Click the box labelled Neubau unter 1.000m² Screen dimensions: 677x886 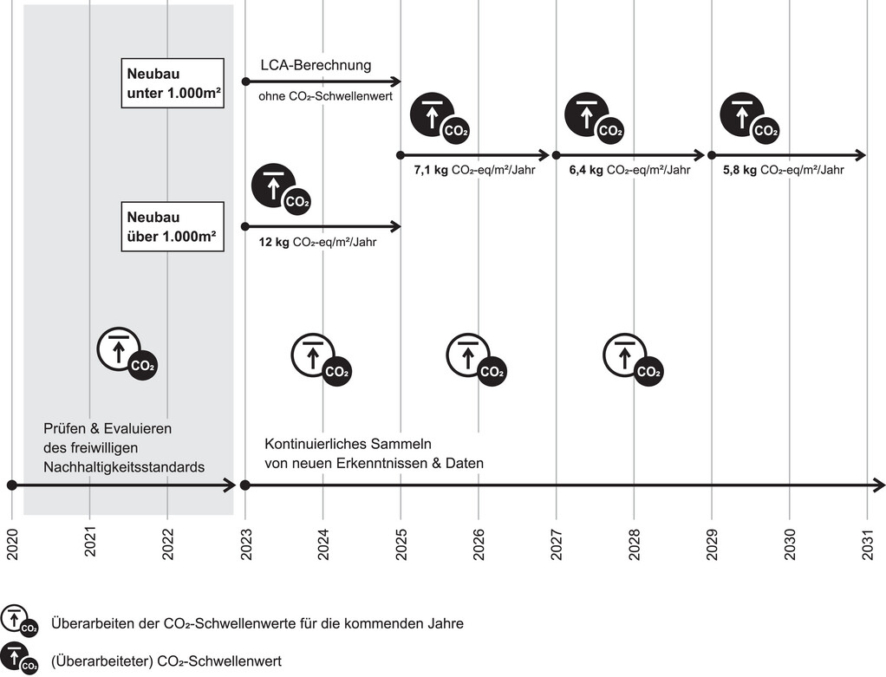pyautogui.click(x=173, y=83)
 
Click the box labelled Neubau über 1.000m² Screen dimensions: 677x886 pyautogui.click(x=173, y=226)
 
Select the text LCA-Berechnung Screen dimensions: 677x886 pyautogui.click(x=316, y=65)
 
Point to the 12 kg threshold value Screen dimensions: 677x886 pyautogui.click(x=274, y=243)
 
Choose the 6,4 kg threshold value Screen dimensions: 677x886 pyautogui.click(x=585, y=171)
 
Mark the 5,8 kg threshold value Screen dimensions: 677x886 pyautogui.click(x=739, y=171)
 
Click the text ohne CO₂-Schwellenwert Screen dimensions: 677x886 pyautogui.click(x=325, y=96)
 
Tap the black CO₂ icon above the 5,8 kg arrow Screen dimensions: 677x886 pyautogui.click(x=748, y=118)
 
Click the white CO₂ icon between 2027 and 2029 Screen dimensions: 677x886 pyautogui.click(x=633, y=358)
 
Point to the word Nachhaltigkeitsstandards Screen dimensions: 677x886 pyautogui.click(x=124, y=466)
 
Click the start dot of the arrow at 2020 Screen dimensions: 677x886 pyautogui.click(x=12, y=485)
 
